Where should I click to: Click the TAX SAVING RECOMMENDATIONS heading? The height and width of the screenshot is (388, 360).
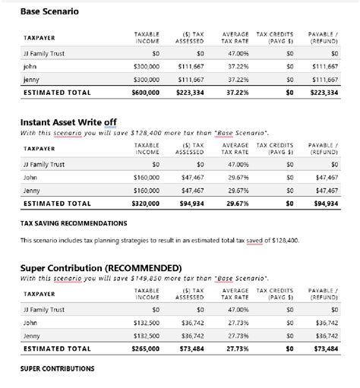click(x=73, y=223)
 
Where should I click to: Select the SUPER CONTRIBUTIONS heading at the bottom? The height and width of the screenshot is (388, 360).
click(x=57, y=369)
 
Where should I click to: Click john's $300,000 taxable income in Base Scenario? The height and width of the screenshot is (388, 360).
click(x=146, y=67)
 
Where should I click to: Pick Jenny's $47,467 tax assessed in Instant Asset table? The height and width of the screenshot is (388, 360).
click(x=192, y=191)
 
